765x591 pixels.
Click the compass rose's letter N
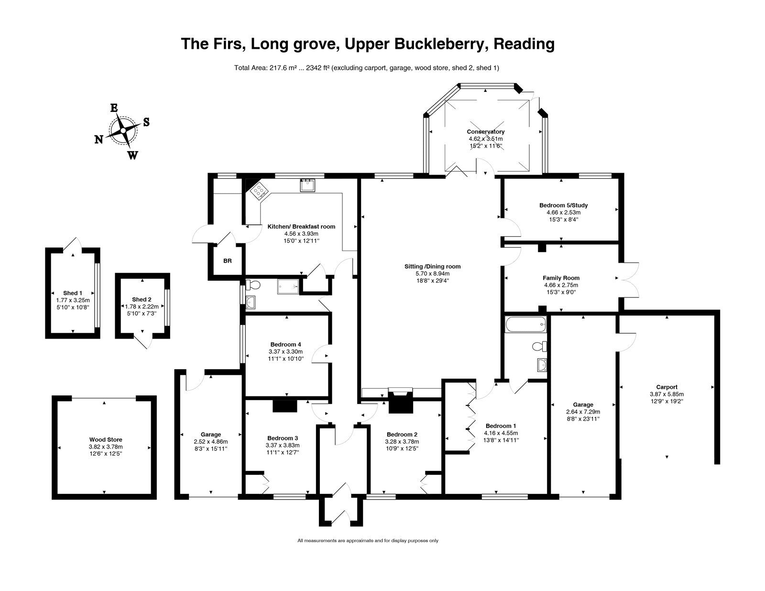(x=98, y=140)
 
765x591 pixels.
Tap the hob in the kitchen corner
(x=259, y=190)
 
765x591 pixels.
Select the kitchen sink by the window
(x=307, y=185)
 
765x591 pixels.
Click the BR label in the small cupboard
(x=228, y=261)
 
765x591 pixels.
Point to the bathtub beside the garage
(x=525, y=324)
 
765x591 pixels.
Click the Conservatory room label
(x=485, y=131)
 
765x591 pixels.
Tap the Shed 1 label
(x=73, y=293)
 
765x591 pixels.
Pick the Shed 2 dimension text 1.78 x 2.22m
(x=142, y=306)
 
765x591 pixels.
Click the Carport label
(x=667, y=387)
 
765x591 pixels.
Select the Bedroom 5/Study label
(x=563, y=205)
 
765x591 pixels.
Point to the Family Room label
(x=561, y=278)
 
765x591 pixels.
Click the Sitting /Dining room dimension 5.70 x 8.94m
(x=432, y=274)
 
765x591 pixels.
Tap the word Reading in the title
(x=524, y=44)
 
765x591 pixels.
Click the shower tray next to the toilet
(x=288, y=286)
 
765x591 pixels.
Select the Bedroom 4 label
(x=285, y=344)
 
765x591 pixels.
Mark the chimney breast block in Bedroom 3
(x=285, y=406)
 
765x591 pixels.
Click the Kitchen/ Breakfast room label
(x=301, y=227)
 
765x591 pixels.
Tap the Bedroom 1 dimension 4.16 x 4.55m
(x=501, y=433)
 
